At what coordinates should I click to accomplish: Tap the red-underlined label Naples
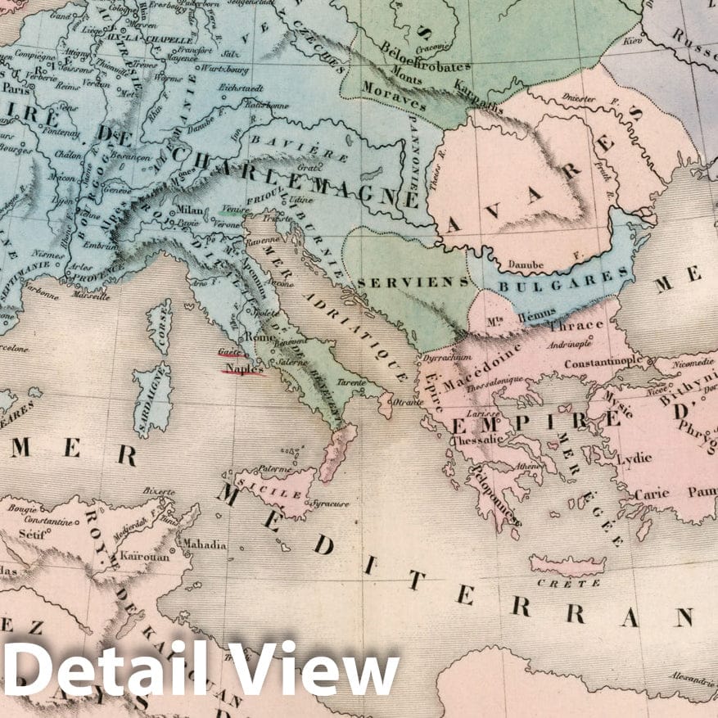[x=242, y=368]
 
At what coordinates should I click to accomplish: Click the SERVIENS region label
[x=413, y=282]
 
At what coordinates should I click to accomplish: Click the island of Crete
[x=567, y=564]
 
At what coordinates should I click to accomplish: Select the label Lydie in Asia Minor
[x=634, y=459]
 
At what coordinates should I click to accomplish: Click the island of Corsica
[x=160, y=325]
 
